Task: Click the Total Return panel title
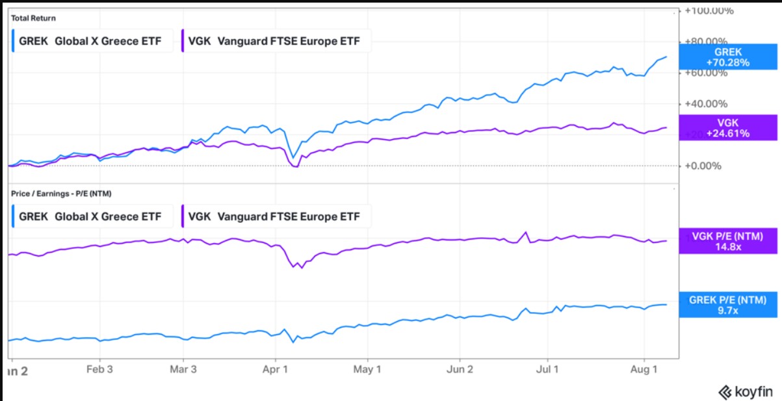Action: (33, 18)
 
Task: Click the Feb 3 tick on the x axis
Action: (100, 370)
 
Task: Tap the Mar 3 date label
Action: (183, 370)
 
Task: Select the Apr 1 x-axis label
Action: (276, 370)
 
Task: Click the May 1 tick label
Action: (367, 370)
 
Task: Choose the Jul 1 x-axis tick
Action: (547, 370)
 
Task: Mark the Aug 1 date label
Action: (644, 370)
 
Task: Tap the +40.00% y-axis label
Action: (706, 103)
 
